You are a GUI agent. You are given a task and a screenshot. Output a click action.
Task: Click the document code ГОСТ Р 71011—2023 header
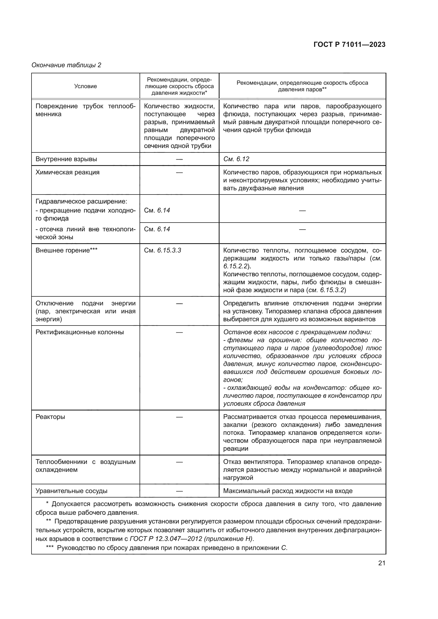(349, 45)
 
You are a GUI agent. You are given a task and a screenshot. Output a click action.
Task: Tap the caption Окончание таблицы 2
(66, 65)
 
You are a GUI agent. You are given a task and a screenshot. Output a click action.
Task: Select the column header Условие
(85, 86)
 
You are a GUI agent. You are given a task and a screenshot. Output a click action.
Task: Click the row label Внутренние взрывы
(66, 159)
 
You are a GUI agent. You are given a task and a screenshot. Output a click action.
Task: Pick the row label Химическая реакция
(68, 172)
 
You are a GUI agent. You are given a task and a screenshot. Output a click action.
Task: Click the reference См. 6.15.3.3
(162, 250)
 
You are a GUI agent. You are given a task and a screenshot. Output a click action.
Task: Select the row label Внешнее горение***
(66, 250)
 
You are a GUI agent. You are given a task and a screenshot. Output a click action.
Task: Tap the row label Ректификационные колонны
(79, 332)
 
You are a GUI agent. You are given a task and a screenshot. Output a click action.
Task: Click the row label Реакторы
(50, 417)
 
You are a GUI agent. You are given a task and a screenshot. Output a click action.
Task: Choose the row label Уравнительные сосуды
(71, 491)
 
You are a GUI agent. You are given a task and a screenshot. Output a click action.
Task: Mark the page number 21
(382, 563)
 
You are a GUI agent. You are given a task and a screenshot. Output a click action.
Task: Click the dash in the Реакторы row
(179, 417)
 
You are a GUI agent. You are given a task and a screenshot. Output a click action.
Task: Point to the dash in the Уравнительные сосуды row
(179, 491)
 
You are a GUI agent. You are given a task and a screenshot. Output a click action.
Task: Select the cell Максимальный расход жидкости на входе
(288, 491)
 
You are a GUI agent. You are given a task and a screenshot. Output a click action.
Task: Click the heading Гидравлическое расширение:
(81, 201)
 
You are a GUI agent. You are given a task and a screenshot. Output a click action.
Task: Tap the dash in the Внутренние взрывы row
(179, 159)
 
